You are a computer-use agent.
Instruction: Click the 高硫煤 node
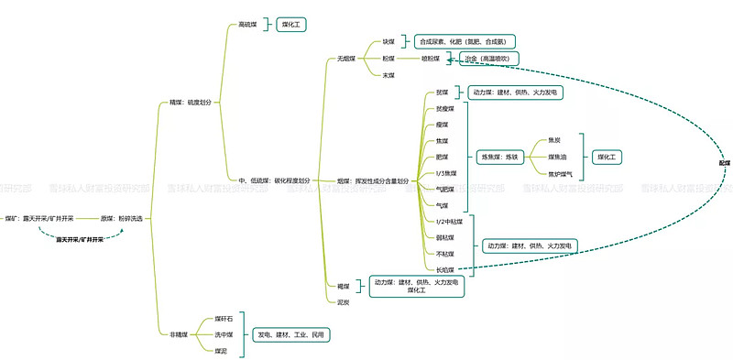point(247,26)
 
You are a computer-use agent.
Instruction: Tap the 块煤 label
point(389,42)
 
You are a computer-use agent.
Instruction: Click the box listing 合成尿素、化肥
point(466,42)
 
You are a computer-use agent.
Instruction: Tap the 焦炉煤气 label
point(560,173)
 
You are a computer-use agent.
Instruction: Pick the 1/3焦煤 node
point(446,173)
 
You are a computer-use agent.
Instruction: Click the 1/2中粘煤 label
point(449,222)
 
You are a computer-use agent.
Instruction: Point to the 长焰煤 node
point(443,269)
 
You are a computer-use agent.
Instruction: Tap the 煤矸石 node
point(224,319)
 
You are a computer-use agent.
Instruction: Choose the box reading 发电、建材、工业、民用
point(290,335)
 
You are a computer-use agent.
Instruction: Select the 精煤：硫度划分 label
point(190,103)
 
